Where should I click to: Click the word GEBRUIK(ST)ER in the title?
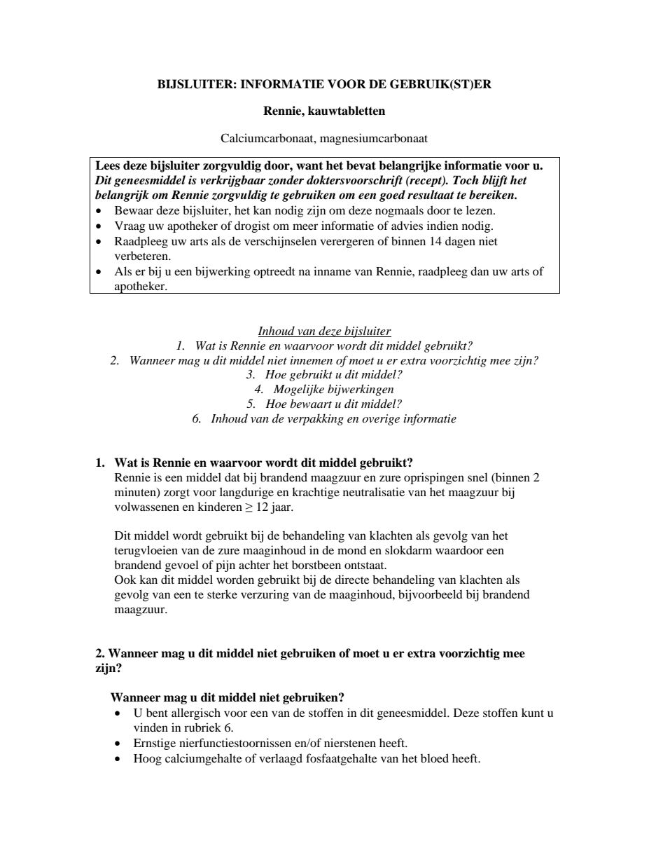pyautogui.click(x=451, y=84)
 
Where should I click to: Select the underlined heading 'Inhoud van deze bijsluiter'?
pyautogui.click(x=324, y=331)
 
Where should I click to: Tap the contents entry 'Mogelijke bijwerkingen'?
pyautogui.click(x=333, y=389)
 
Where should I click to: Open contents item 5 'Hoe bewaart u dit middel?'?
pyautogui.click(x=333, y=404)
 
